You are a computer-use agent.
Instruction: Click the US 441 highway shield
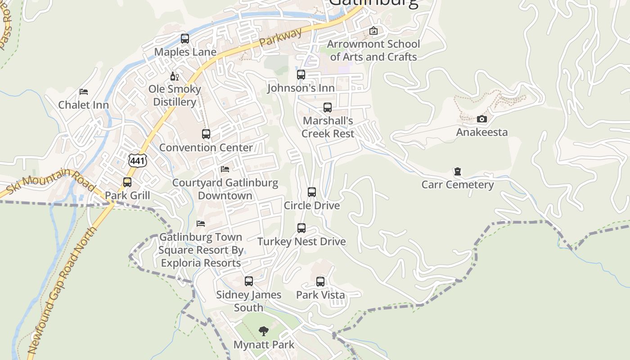pos(137,160)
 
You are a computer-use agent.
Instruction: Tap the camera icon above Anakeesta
pos(481,119)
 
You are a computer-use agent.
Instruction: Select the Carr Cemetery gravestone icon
pos(458,171)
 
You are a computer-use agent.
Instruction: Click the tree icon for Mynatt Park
pos(264,332)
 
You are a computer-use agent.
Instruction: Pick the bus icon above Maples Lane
pos(185,39)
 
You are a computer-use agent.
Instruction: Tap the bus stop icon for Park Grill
pos(127,182)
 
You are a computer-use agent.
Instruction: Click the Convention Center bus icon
pos(206,134)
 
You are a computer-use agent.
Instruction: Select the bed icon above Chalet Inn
pos(84,92)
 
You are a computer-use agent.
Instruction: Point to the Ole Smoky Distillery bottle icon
pos(175,76)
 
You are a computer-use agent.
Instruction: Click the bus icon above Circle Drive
pos(312,192)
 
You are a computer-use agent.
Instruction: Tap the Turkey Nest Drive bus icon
pos(301,228)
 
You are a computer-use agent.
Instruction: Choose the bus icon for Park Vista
pos(320,282)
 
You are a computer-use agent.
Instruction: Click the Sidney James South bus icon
pos(249,281)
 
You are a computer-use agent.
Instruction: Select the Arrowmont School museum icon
pos(373,31)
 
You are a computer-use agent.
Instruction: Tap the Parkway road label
pos(281,38)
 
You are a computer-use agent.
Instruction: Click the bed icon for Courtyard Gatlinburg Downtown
pos(225,169)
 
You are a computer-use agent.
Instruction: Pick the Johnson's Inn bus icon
pos(301,75)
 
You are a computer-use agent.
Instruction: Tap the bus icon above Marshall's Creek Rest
pos(328,108)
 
